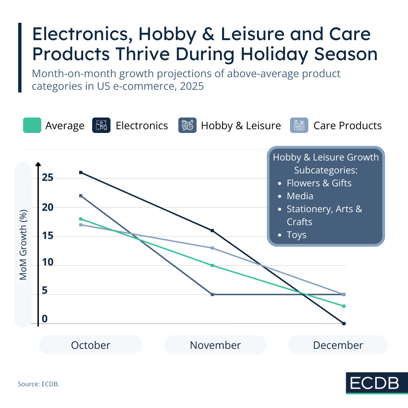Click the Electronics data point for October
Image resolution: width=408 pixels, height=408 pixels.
click(81, 172)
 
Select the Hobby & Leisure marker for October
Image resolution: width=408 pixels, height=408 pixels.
click(81, 196)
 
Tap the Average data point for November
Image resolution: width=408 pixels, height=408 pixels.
click(213, 266)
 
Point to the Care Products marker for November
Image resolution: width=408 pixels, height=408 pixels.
click(213, 248)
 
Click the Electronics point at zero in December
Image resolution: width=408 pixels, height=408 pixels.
click(344, 323)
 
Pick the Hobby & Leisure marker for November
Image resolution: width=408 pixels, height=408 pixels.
click(213, 294)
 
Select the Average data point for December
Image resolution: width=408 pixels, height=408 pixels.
click(344, 306)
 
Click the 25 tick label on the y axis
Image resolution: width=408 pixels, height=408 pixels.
click(48, 177)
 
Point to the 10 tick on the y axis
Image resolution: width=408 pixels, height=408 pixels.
click(48, 262)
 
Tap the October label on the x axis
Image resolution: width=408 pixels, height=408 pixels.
click(90, 345)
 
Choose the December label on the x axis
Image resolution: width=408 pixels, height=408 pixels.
click(338, 345)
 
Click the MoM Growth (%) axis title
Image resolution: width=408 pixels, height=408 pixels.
click(23, 245)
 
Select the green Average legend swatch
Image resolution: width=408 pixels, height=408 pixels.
click(32, 125)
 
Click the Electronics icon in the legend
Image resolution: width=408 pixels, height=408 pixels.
click(101, 125)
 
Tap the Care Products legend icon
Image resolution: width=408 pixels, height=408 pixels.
click(299, 125)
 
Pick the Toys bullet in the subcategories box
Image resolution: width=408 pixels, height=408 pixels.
click(296, 235)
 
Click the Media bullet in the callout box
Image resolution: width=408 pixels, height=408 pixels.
click(300, 196)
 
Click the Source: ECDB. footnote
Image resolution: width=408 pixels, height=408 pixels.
click(38, 384)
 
